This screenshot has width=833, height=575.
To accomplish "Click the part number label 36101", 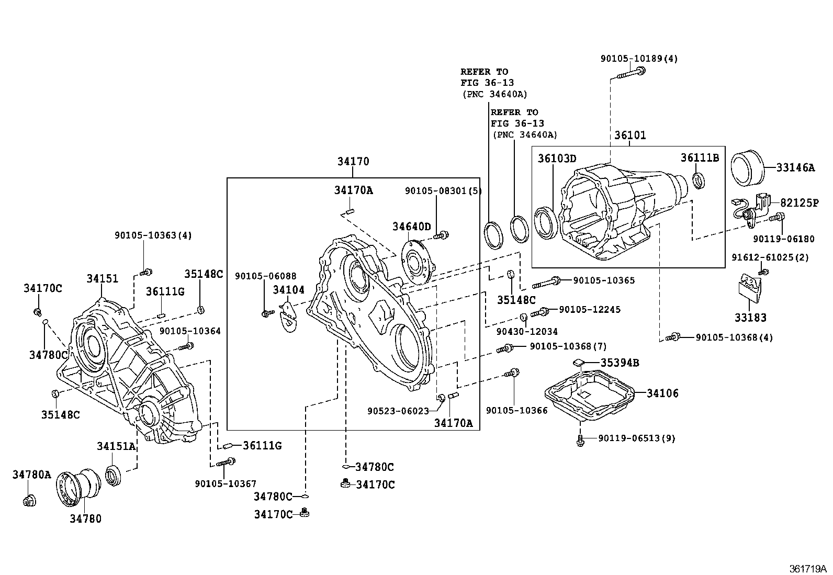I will click(630, 136).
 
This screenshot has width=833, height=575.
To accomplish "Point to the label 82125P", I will click(800, 203).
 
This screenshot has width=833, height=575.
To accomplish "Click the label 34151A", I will click(116, 446).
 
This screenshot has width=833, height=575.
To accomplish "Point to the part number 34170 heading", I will click(353, 162).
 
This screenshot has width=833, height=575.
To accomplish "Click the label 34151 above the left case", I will click(102, 279).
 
